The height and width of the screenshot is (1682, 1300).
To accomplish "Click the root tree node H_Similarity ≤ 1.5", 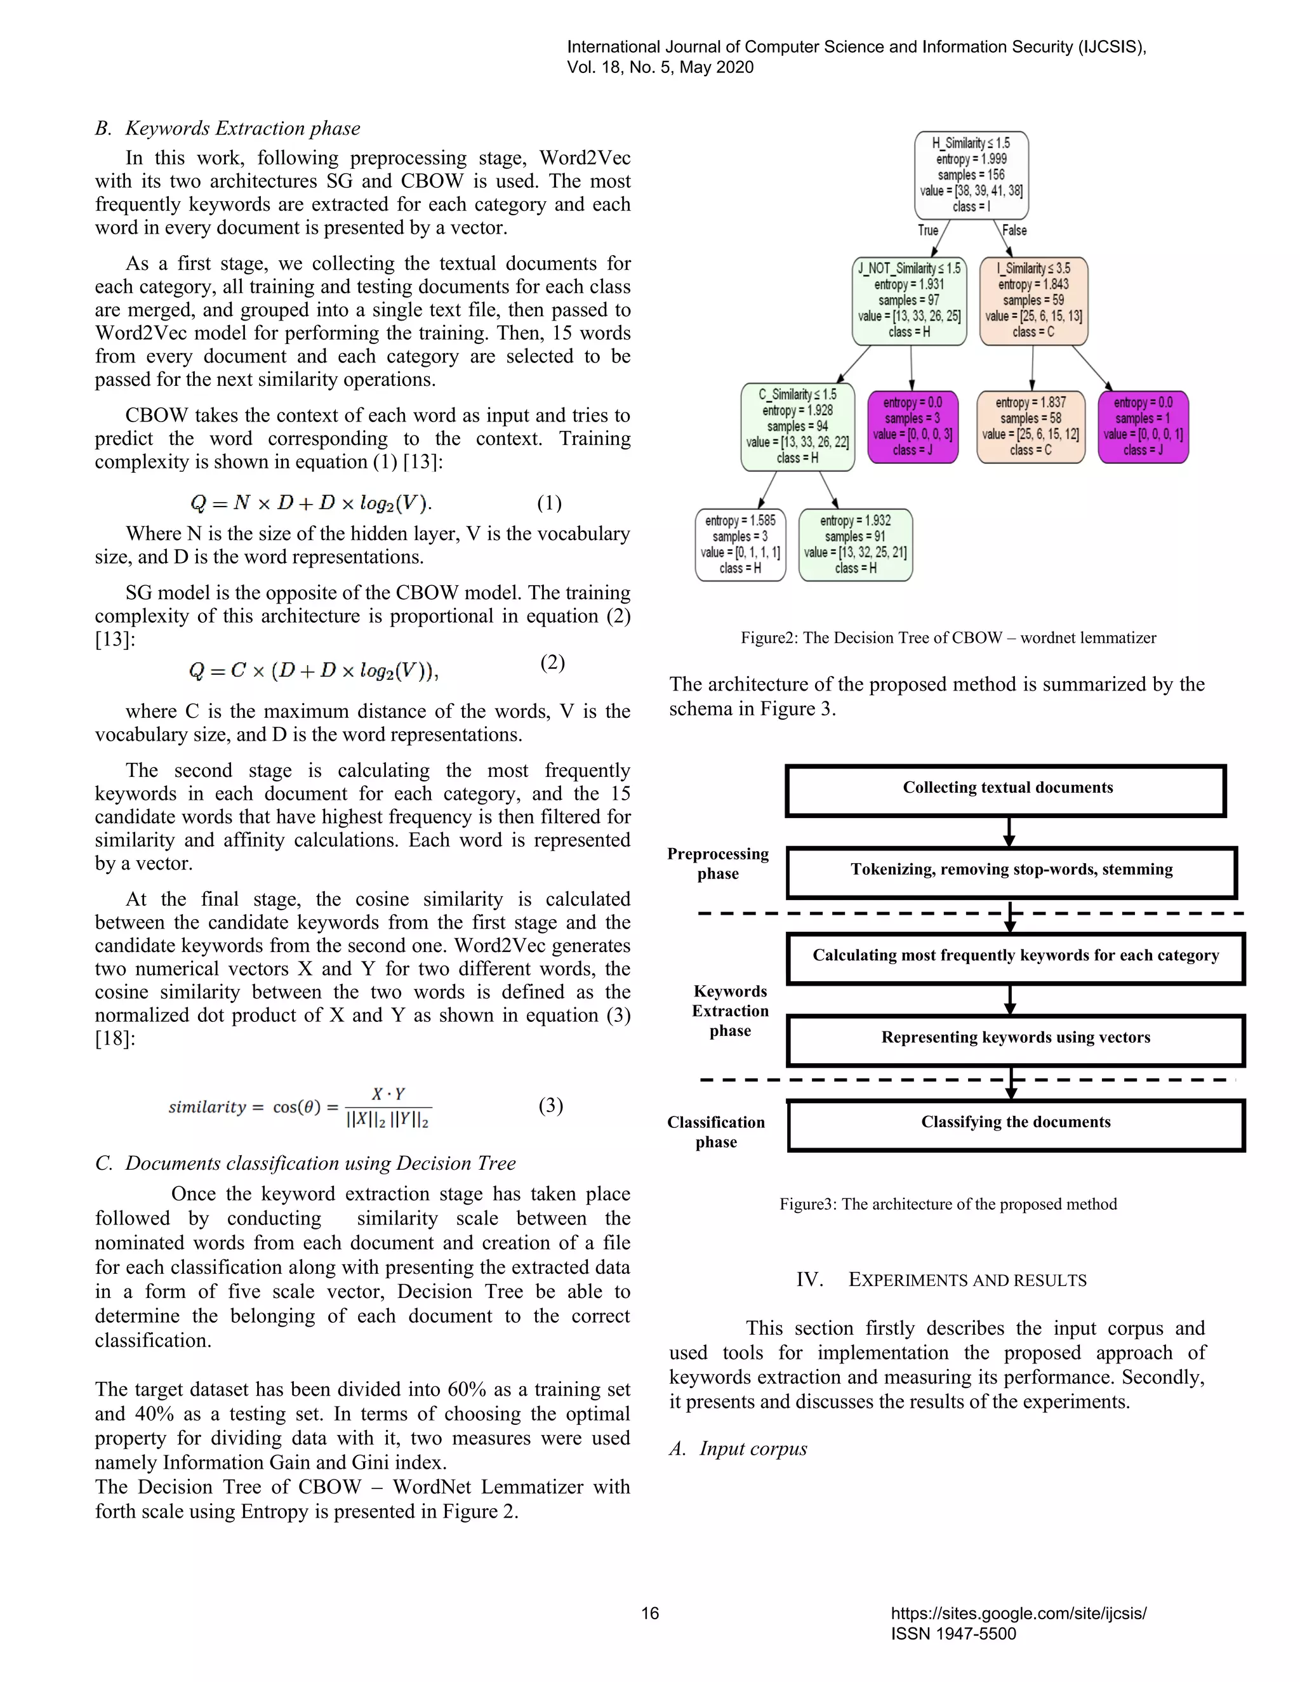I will (x=971, y=175).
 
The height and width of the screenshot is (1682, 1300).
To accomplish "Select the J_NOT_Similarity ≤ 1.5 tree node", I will (x=909, y=300).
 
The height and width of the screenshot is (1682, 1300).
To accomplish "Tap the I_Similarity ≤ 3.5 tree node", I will (x=1033, y=300).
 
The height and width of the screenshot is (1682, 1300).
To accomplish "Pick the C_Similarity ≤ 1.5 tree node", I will (x=797, y=426).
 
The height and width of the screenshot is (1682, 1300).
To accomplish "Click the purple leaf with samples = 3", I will (x=913, y=426).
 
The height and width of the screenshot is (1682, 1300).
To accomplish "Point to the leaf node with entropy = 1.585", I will (x=740, y=544).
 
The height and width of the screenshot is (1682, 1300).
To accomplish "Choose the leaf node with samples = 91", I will (x=856, y=544).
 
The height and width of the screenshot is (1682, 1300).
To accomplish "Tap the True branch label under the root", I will (x=928, y=230).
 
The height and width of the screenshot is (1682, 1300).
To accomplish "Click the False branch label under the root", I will (x=1014, y=230).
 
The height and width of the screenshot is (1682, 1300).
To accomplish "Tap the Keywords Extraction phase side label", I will (x=729, y=1010).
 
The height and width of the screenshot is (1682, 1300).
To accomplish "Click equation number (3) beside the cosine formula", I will (x=550, y=1105).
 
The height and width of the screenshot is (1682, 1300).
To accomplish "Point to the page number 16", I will (x=650, y=1613).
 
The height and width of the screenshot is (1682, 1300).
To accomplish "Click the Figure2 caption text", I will (x=948, y=638).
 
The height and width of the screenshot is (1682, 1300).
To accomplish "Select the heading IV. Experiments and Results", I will (x=941, y=1280).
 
